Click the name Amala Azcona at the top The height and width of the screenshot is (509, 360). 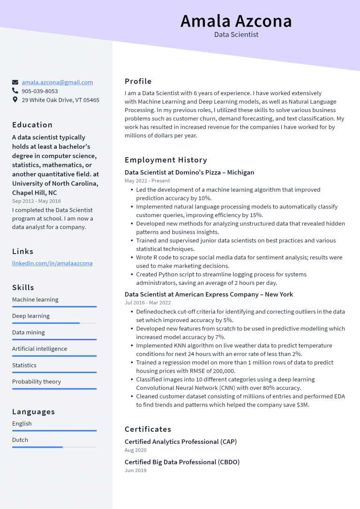coord(236,21)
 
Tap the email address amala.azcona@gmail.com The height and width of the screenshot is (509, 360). coord(57,82)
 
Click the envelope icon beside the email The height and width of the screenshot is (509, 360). coord(15,82)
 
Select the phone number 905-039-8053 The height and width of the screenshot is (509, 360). coord(40,91)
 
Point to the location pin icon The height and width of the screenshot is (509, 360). coord(15,100)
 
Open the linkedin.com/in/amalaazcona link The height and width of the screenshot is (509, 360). coord(52,263)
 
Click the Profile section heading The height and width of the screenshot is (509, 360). coord(138,81)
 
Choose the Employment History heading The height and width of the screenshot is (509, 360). coord(166,160)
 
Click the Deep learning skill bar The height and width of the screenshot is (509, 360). coord(54,323)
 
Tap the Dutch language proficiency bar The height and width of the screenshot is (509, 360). coord(54,447)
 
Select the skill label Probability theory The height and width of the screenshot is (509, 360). coord(37,382)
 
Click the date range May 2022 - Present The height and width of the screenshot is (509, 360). coord(147,180)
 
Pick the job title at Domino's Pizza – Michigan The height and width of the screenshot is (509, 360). coord(189,172)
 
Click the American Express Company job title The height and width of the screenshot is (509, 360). coord(209,294)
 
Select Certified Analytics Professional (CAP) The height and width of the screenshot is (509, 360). coord(180,442)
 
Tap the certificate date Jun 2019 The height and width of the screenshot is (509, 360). coord(135,470)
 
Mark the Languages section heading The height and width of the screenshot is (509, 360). coord(34,412)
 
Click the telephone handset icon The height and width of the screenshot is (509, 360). coord(15,91)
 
